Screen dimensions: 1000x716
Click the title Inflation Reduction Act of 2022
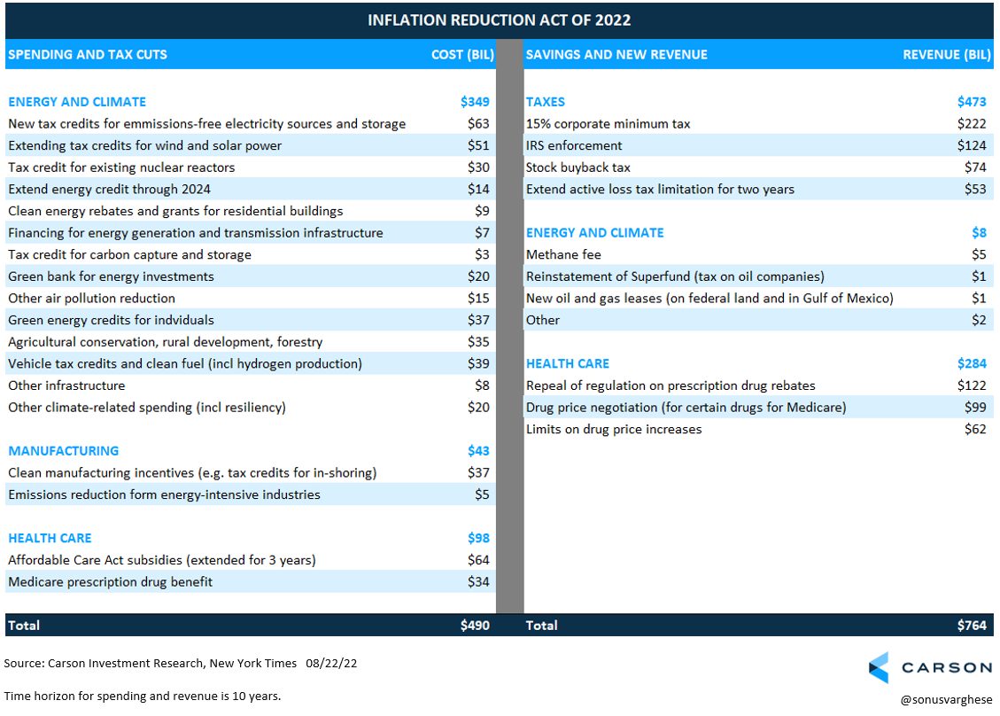pos(499,19)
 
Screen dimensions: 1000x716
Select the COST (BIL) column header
pos(462,55)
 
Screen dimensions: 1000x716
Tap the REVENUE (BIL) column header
pos(947,55)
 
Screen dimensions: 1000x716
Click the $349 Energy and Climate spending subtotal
pos(475,102)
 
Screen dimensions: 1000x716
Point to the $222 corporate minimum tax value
pos(972,124)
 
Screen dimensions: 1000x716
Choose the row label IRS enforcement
pos(574,145)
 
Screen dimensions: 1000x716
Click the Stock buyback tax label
pos(578,167)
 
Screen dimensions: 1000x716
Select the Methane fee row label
pos(563,254)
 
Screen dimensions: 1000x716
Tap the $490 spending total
pos(475,626)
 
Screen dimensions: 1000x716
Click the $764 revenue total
pos(972,626)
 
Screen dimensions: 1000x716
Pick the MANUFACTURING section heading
pos(63,451)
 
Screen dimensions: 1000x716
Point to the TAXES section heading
pos(546,102)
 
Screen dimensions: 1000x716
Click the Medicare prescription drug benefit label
pos(111,582)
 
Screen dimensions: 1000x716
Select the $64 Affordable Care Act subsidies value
pos(478,560)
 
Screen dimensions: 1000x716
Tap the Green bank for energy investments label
pos(111,277)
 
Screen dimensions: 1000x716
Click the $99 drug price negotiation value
pos(975,407)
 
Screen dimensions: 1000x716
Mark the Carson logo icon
pos(879,668)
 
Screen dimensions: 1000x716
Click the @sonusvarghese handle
pos(947,700)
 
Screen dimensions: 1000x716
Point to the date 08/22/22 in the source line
pos(331,663)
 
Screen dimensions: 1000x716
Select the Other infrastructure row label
pos(66,385)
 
